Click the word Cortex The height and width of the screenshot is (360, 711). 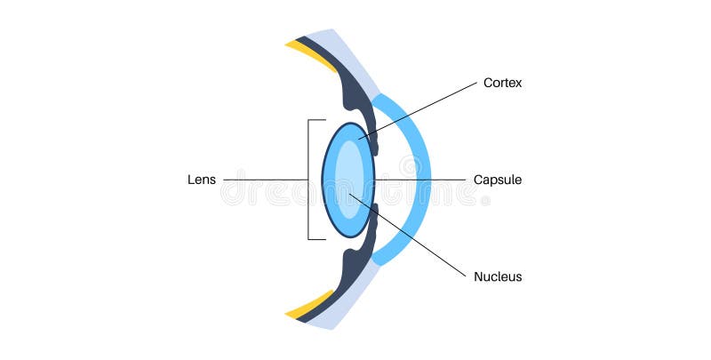click(502, 84)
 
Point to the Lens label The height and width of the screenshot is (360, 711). click(201, 180)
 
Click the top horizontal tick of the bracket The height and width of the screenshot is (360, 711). click(316, 120)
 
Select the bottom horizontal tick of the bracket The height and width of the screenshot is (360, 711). click(316, 239)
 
